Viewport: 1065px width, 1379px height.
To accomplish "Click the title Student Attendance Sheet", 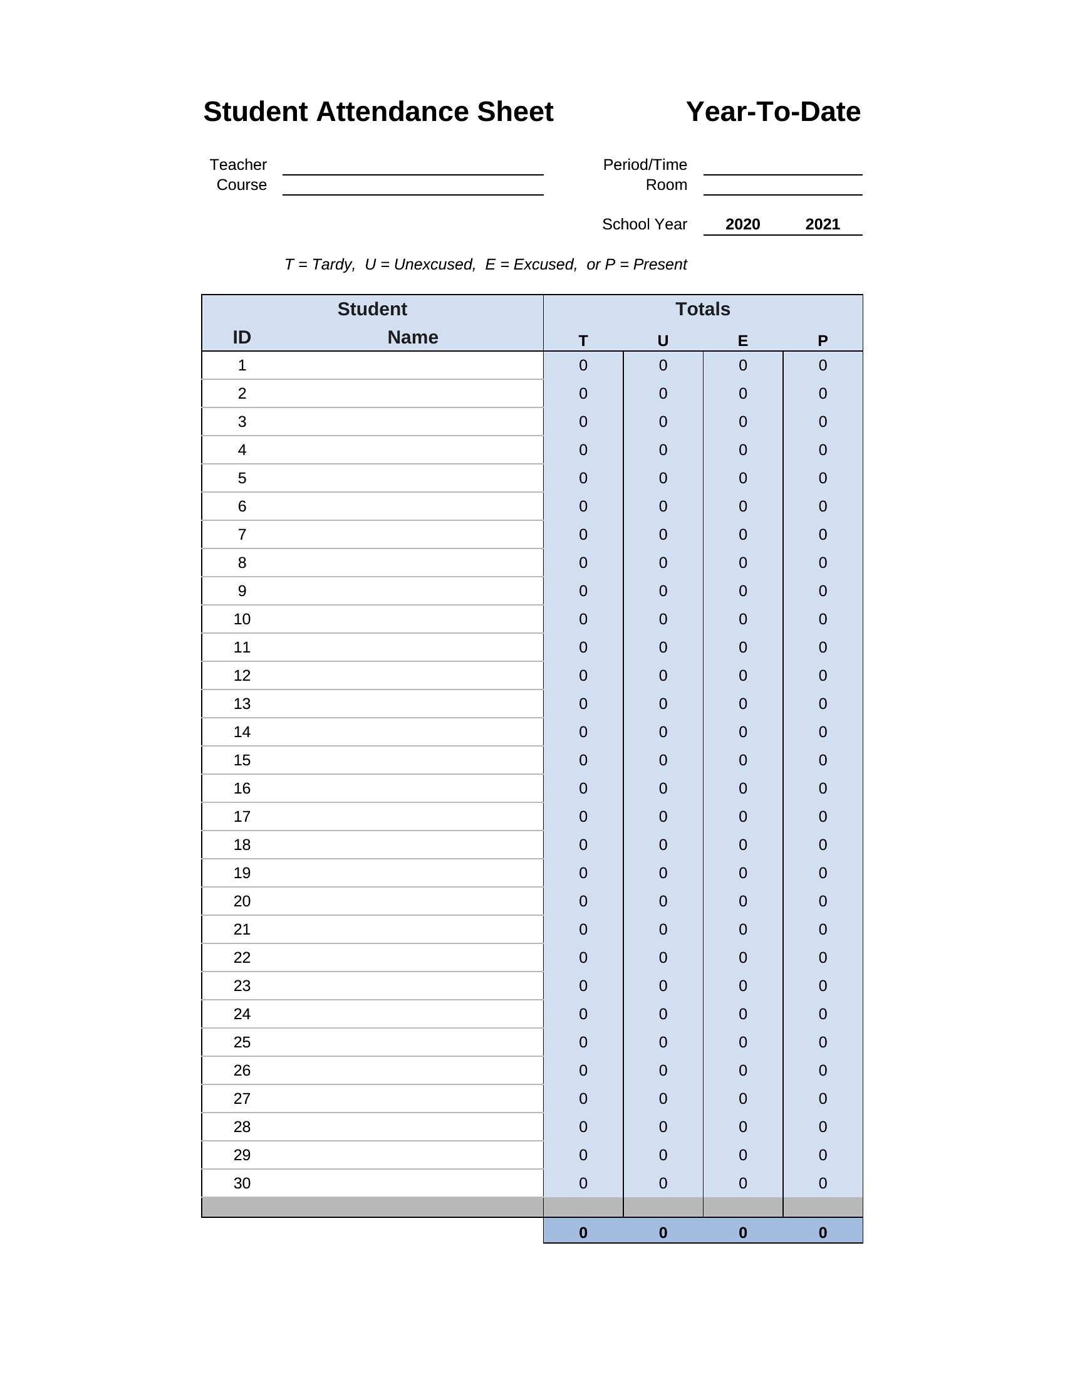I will tap(378, 112).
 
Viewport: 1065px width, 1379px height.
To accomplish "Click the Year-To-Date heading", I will tap(773, 112).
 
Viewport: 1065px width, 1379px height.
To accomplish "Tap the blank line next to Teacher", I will tap(413, 167).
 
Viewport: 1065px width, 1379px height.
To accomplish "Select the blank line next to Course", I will tap(413, 187).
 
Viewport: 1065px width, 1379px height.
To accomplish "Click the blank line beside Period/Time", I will tap(782, 167).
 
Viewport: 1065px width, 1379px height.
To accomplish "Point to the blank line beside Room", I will tap(782, 187).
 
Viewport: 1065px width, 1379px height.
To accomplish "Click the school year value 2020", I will tap(742, 224).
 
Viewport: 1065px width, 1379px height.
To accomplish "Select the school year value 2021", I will tap(822, 224).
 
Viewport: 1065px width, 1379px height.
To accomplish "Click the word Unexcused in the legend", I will tap(434, 265).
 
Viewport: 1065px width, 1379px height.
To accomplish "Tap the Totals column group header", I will tap(702, 309).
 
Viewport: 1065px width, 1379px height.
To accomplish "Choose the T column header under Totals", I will tap(583, 341).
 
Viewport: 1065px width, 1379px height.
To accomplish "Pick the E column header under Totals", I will tap(742, 341).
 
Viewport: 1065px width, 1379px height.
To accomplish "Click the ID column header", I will tap(242, 337).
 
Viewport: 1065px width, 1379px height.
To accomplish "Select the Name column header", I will tap(413, 337).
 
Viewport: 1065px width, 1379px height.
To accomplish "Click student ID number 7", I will tap(242, 535).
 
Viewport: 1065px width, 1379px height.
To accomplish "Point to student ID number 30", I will tap(242, 1183).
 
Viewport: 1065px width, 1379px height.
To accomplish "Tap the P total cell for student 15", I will tap(822, 760).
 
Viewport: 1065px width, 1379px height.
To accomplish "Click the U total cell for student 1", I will tap(662, 365).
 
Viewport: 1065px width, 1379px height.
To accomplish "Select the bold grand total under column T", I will tap(583, 1232).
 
